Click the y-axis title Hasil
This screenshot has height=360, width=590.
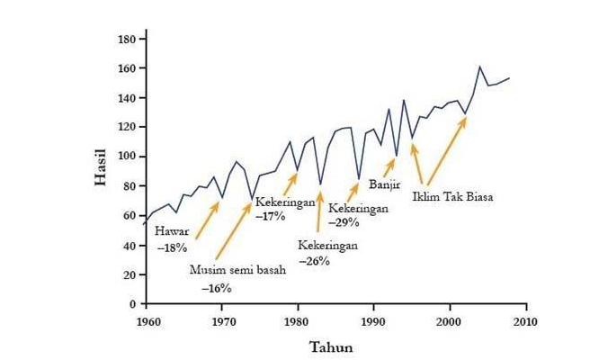tap(101, 167)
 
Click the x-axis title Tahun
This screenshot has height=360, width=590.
tap(331, 346)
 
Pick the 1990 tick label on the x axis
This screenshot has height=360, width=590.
tap(373, 320)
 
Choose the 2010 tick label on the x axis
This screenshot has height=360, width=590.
tap(525, 320)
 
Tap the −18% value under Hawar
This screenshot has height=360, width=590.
tap(173, 246)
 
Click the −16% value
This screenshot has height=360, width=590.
tap(216, 288)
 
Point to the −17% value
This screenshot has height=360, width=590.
tap(270, 217)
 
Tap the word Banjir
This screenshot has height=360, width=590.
tap(385, 186)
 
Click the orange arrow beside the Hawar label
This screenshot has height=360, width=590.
tap(206, 220)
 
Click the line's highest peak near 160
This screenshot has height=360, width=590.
tap(479, 67)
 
